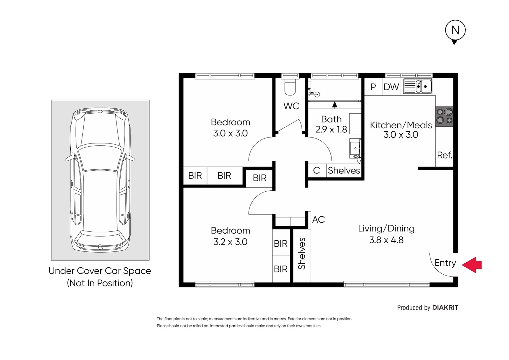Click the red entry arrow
[472, 265]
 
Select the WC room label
[291, 106]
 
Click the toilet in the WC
[290, 88]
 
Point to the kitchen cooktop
[445, 116]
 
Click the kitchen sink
[418, 86]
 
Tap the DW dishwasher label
[391, 87]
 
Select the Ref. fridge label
[444, 155]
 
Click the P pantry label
[373, 87]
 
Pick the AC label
[318, 220]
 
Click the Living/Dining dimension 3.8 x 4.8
[386, 240]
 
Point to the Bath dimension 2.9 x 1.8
[331, 130]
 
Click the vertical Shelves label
[302, 254]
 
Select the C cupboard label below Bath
[316, 171]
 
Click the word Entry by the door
[445, 263]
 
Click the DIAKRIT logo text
[445, 308]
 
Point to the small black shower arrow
[334, 105]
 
